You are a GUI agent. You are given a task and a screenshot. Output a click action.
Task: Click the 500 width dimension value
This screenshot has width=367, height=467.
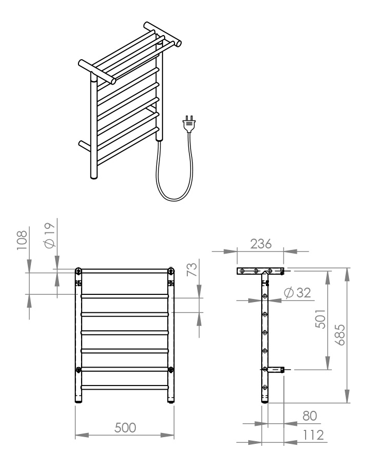click(x=125, y=428)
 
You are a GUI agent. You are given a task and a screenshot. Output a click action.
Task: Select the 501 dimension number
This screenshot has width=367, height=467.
click(x=321, y=319)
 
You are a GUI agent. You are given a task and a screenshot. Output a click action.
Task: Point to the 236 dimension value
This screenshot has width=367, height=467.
click(x=261, y=244)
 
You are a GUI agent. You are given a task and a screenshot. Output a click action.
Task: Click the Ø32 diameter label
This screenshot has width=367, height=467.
click(x=297, y=293)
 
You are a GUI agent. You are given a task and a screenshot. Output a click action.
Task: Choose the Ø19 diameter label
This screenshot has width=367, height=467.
click(x=50, y=235)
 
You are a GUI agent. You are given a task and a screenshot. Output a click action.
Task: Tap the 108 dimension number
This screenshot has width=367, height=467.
click(x=22, y=240)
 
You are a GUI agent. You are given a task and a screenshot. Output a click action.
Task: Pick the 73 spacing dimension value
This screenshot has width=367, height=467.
click(x=193, y=270)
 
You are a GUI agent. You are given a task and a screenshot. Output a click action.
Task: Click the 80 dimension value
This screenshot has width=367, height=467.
click(x=310, y=416)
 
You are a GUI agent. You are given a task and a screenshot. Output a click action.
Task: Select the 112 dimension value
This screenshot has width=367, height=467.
click(x=313, y=435)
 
